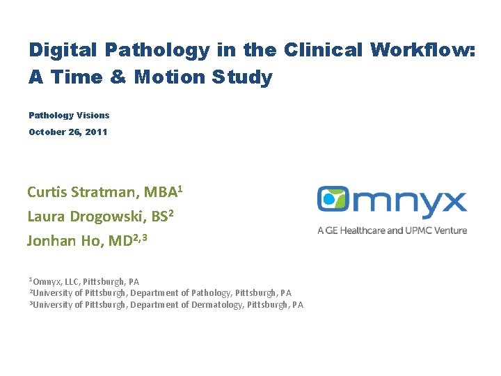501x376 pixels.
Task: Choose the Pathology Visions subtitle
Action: pos(69,115)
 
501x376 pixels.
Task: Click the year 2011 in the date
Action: pos(95,132)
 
